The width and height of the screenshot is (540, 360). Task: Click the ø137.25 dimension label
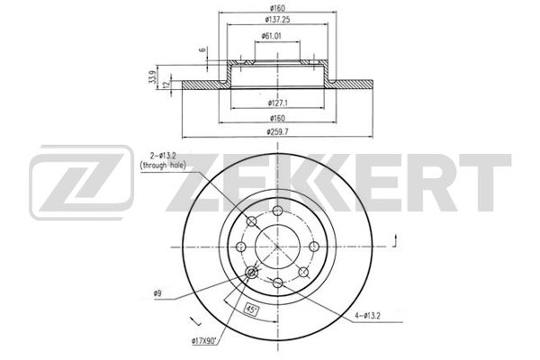pos(277,20)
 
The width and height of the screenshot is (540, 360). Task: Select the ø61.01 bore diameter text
pos(273,36)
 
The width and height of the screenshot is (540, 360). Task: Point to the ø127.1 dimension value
pos(277,103)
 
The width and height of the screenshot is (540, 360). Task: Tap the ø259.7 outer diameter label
pos(277,131)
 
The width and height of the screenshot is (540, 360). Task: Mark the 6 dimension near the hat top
pos(203,49)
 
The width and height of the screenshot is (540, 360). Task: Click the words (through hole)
pos(163,166)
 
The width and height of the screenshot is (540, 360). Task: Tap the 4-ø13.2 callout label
pos(367,315)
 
